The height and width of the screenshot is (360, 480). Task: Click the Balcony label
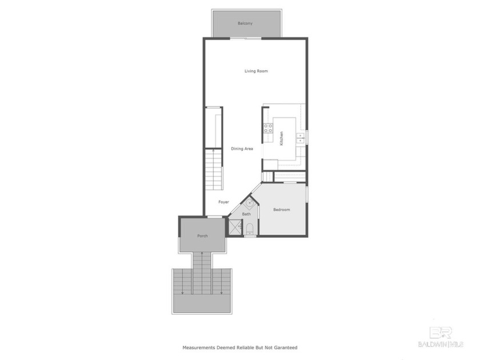click(x=245, y=23)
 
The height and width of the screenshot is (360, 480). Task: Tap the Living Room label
click(x=256, y=71)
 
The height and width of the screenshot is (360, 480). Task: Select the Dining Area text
click(x=242, y=149)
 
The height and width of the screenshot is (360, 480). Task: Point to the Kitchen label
click(x=281, y=138)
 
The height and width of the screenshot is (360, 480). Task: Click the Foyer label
click(x=223, y=202)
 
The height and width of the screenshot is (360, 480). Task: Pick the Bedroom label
click(x=281, y=210)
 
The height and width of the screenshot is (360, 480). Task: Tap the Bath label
click(x=246, y=214)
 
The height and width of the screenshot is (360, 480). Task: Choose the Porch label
click(x=202, y=236)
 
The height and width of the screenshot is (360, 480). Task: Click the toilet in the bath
click(x=249, y=229)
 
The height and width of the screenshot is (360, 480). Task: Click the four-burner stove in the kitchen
click(x=267, y=129)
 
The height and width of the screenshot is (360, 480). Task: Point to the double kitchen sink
click(x=301, y=138)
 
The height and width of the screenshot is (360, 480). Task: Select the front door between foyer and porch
click(x=214, y=217)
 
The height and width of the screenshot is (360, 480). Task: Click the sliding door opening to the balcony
click(x=247, y=38)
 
